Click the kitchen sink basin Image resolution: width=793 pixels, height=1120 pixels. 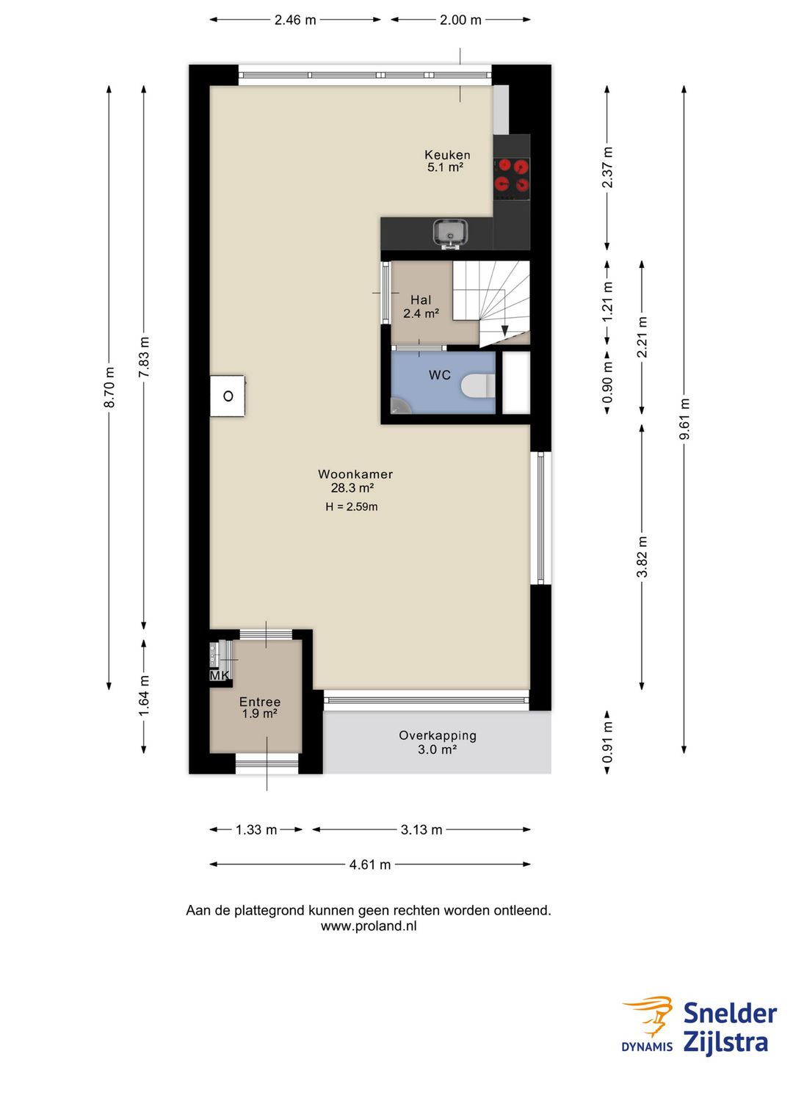(x=450, y=233)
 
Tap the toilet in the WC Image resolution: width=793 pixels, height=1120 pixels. (x=478, y=386)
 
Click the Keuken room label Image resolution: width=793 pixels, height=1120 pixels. (x=446, y=155)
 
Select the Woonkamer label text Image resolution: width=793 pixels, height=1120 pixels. (x=355, y=474)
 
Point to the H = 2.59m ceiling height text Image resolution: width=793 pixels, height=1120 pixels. (x=351, y=506)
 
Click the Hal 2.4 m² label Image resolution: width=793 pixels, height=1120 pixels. (x=421, y=307)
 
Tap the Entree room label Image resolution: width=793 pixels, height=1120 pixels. (x=260, y=702)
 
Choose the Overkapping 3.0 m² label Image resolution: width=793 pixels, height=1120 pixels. (x=438, y=742)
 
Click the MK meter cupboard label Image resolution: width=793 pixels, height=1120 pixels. (x=220, y=676)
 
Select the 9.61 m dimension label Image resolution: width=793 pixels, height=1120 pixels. (x=684, y=419)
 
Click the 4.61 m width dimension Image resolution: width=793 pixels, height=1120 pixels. (x=370, y=864)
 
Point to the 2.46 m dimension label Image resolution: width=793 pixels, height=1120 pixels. (x=295, y=20)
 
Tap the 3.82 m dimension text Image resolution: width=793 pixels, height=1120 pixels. (x=642, y=557)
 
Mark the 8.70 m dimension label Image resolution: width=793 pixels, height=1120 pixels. (x=109, y=387)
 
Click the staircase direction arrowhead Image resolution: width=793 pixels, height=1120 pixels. (x=504, y=331)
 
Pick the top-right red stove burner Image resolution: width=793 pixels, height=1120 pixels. (x=521, y=165)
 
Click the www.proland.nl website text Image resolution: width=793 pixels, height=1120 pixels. (x=369, y=926)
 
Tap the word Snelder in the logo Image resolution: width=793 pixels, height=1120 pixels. (x=729, y=1014)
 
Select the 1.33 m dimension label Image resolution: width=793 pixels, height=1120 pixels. (x=256, y=829)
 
